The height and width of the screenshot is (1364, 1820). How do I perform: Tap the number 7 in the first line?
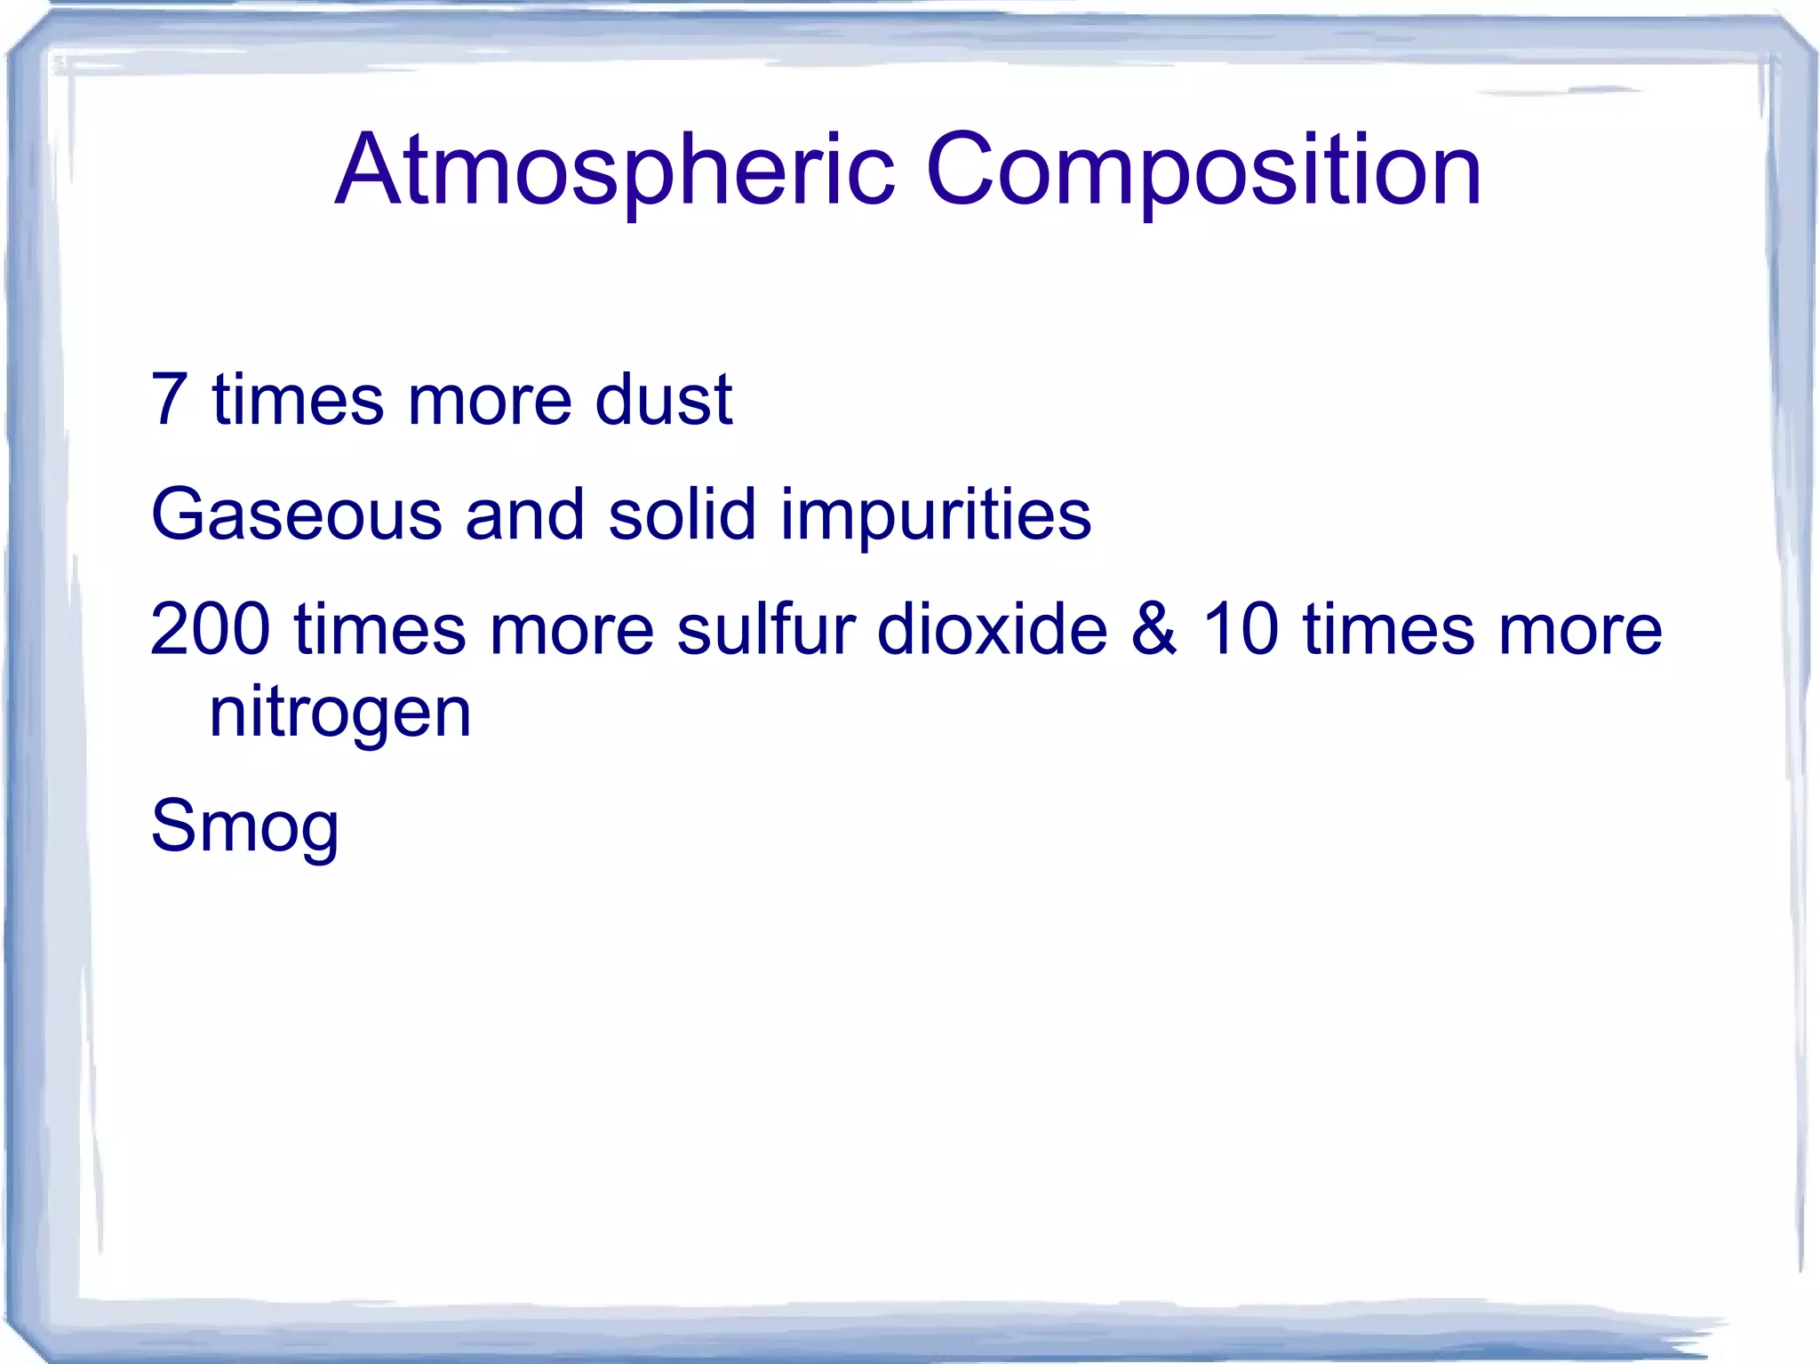coord(170,399)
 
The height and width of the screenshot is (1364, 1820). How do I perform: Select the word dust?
coord(663,399)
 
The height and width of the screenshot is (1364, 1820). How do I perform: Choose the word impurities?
coord(936,514)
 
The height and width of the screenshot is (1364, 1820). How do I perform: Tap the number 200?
coord(210,629)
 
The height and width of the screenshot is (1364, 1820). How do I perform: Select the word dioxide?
coord(992,629)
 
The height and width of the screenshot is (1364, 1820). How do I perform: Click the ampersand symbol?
coord(1154,629)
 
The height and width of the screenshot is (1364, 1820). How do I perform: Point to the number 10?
coord(1241,629)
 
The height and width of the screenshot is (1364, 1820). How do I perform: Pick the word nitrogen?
coord(339,713)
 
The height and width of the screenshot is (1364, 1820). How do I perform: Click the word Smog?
coord(245,826)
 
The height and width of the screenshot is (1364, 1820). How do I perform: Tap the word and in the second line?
coord(524,514)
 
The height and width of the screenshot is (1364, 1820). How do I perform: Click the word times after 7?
coord(298,399)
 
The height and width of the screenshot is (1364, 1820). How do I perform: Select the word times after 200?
coord(380,629)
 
